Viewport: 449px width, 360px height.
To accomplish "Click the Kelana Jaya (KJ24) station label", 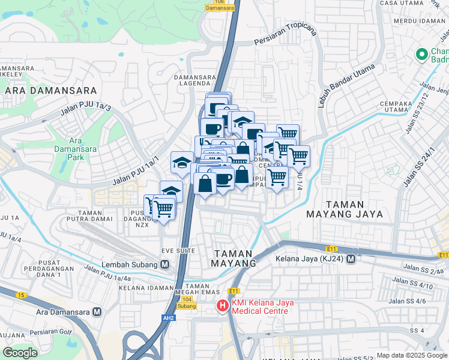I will [310, 259].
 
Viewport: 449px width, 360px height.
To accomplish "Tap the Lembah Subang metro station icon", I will [164, 264].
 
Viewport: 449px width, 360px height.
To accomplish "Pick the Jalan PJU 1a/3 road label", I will [85, 110].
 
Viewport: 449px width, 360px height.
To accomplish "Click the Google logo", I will [20, 353].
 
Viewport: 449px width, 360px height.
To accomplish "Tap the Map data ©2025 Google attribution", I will [412, 355].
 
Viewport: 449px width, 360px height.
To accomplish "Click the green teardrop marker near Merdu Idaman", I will [422, 55].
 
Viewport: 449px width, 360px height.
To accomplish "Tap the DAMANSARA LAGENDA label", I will [192, 80].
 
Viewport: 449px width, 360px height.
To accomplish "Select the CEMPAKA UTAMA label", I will [367, 106].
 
